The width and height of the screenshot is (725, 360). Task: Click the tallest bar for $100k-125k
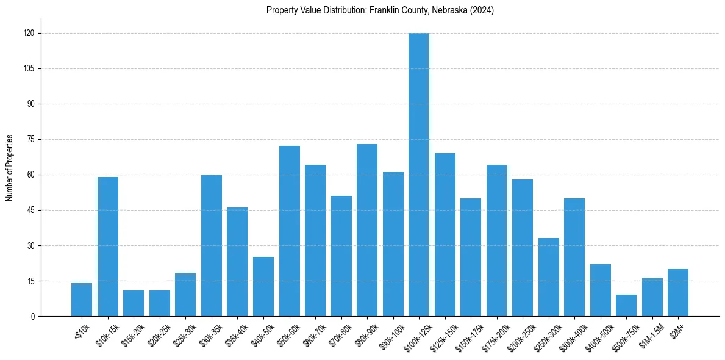click(419, 175)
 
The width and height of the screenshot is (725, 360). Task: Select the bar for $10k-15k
click(108, 247)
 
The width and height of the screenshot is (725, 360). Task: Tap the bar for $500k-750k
click(626, 306)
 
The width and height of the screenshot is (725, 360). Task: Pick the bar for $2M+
click(678, 293)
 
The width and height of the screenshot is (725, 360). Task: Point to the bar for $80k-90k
click(367, 230)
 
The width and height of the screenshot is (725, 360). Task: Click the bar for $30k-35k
click(212, 245)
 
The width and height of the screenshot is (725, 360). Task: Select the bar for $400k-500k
click(601, 290)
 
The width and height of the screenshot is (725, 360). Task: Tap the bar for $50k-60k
click(290, 231)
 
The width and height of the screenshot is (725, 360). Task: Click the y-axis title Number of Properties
click(10, 168)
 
